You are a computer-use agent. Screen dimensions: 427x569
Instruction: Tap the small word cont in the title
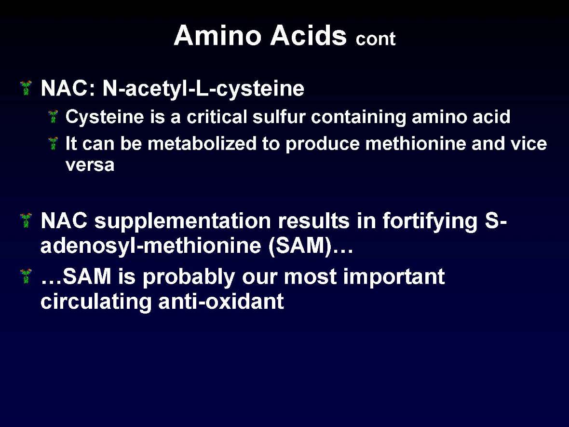[x=375, y=39]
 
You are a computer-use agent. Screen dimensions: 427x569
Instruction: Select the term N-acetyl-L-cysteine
[x=203, y=89]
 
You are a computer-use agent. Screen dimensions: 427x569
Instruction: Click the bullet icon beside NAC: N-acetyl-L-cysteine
[x=27, y=88]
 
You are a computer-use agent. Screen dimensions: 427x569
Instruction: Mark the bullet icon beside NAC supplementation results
[x=27, y=221]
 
